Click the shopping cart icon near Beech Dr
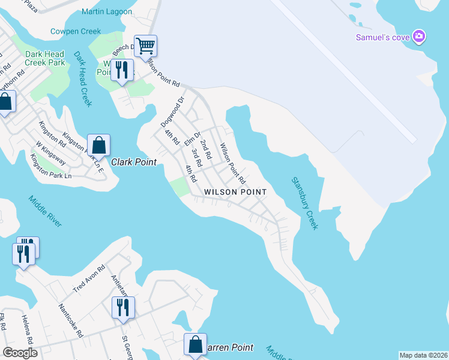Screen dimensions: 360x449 tap(145, 45)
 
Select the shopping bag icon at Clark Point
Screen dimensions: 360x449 tap(98, 145)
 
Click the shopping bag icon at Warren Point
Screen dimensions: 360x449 tap(195, 344)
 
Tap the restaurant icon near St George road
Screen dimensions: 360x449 tap(123, 307)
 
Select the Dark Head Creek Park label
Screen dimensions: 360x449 tap(45, 58)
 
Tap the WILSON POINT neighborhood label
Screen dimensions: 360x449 tap(235, 191)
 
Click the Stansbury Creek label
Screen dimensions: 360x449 tap(304, 203)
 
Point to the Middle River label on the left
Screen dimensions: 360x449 tap(44, 211)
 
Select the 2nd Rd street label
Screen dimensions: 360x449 tap(206, 148)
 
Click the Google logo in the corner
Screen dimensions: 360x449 tap(20, 353)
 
